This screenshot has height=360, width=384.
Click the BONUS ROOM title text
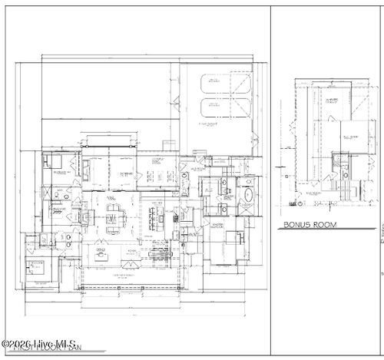tap(306, 225)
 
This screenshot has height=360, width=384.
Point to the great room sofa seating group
tap(114, 220)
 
